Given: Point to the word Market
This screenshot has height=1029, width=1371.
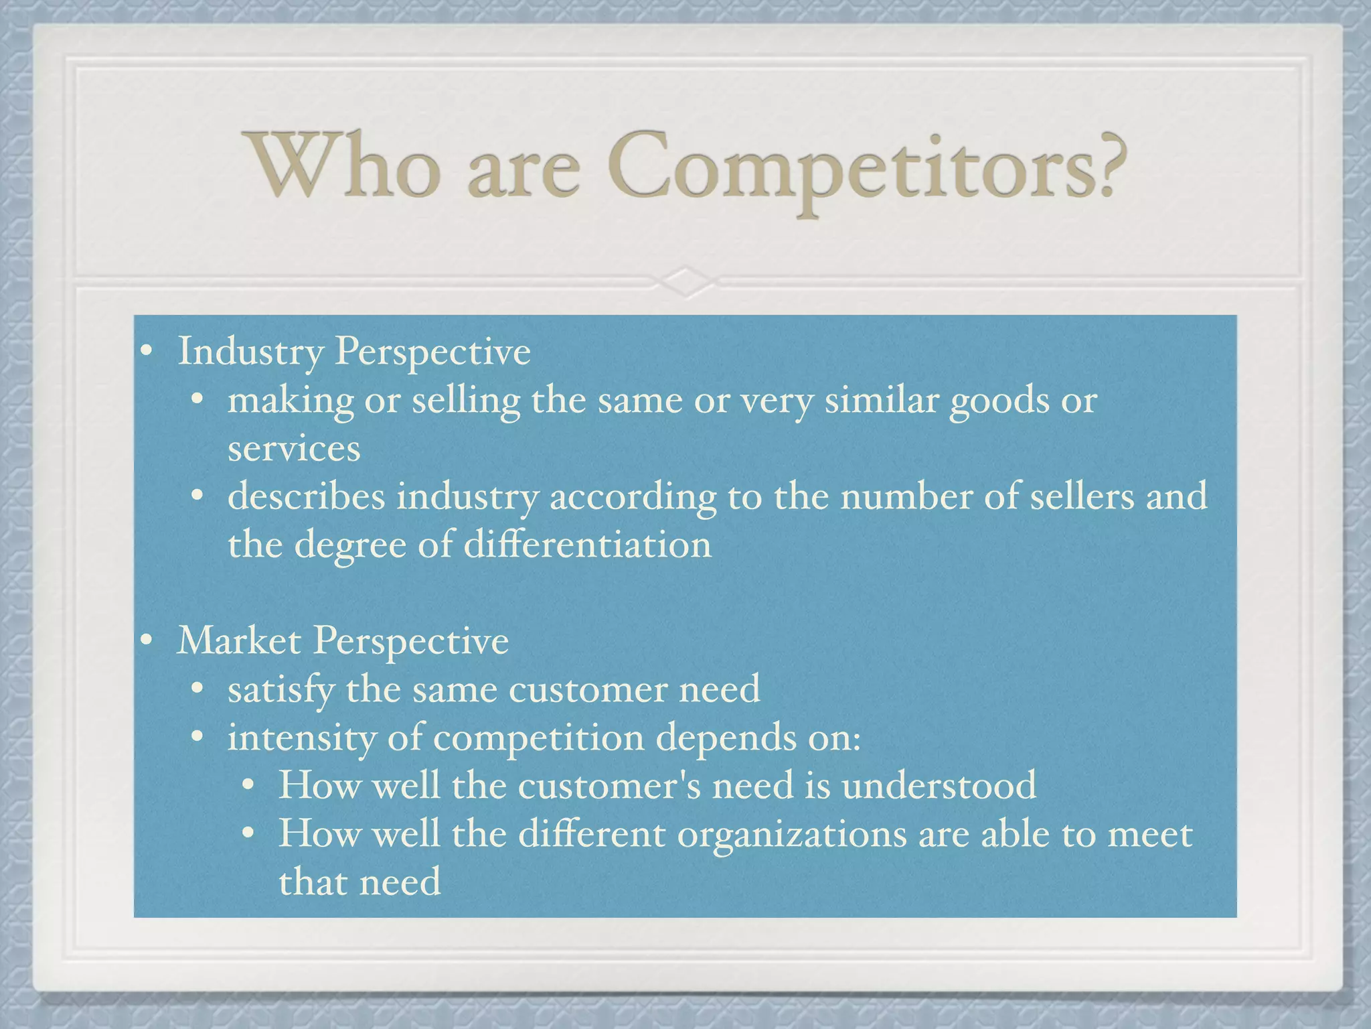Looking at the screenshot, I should (239, 640).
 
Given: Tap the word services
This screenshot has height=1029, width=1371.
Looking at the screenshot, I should (294, 448).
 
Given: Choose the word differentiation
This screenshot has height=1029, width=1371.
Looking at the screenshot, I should (587, 544).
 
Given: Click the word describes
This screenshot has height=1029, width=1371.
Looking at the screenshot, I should (307, 496).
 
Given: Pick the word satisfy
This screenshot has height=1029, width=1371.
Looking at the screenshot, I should (281, 690).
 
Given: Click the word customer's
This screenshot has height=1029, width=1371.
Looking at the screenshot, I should (609, 785).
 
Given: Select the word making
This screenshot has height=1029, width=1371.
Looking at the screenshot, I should (291, 401).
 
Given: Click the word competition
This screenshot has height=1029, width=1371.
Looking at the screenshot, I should (539, 738).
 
